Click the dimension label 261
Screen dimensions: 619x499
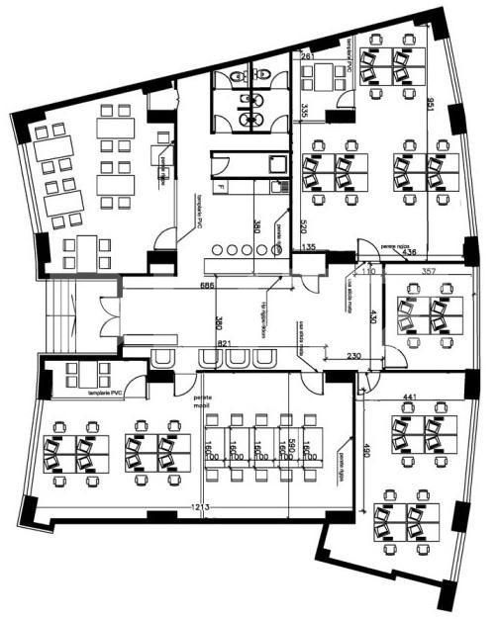pos(307,58)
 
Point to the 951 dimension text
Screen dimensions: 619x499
pos(430,104)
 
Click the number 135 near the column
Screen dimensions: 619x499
pos(309,246)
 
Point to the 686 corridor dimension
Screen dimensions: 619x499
pos(207,286)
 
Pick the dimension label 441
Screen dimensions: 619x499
pos(409,398)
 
